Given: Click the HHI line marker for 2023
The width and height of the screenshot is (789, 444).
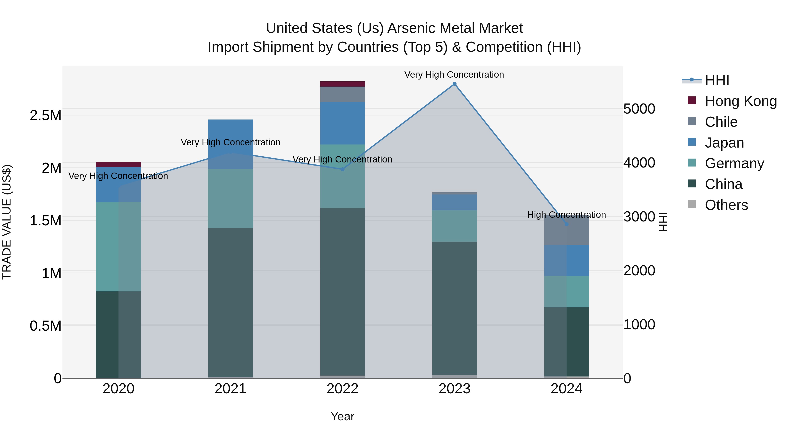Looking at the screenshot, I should (x=455, y=84).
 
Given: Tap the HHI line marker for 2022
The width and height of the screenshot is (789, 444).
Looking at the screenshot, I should (x=342, y=169).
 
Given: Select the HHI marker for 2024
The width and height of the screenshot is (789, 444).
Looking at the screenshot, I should (x=566, y=224).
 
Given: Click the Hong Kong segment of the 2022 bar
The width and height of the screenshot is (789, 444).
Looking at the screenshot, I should (x=342, y=84).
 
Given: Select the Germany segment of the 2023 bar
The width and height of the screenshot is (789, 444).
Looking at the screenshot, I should (x=455, y=226).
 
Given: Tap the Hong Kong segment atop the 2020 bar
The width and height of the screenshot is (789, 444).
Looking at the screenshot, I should (x=118, y=164).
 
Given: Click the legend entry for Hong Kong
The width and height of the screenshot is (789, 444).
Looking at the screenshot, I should (x=741, y=101).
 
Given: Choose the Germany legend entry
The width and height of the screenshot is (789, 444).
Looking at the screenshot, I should (x=734, y=163).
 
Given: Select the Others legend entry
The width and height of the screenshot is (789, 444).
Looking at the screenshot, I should (x=726, y=205).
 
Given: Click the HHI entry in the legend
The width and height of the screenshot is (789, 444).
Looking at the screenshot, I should (x=717, y=80).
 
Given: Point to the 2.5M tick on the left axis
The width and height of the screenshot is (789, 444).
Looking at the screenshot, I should (x=45, y=116).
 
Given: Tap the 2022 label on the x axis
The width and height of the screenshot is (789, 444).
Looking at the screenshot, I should (x=342, y=389).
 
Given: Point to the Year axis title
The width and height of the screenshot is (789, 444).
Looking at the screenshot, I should (x=342, y=416).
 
